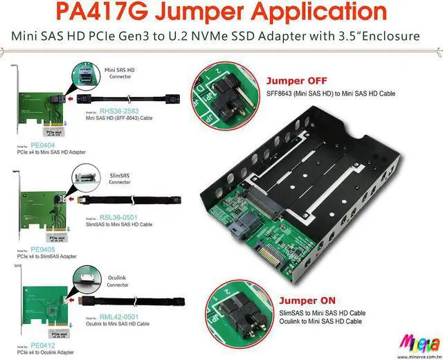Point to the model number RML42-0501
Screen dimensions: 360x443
click(119, 317)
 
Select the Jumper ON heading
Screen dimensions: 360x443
click(307, 301)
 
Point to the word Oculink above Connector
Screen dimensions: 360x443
click(116, 275)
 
